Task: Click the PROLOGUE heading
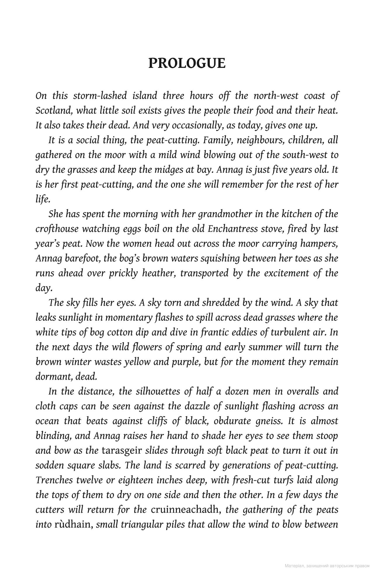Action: (187, 63)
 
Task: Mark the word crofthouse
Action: (57, 229)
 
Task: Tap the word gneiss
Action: (268, 421)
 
